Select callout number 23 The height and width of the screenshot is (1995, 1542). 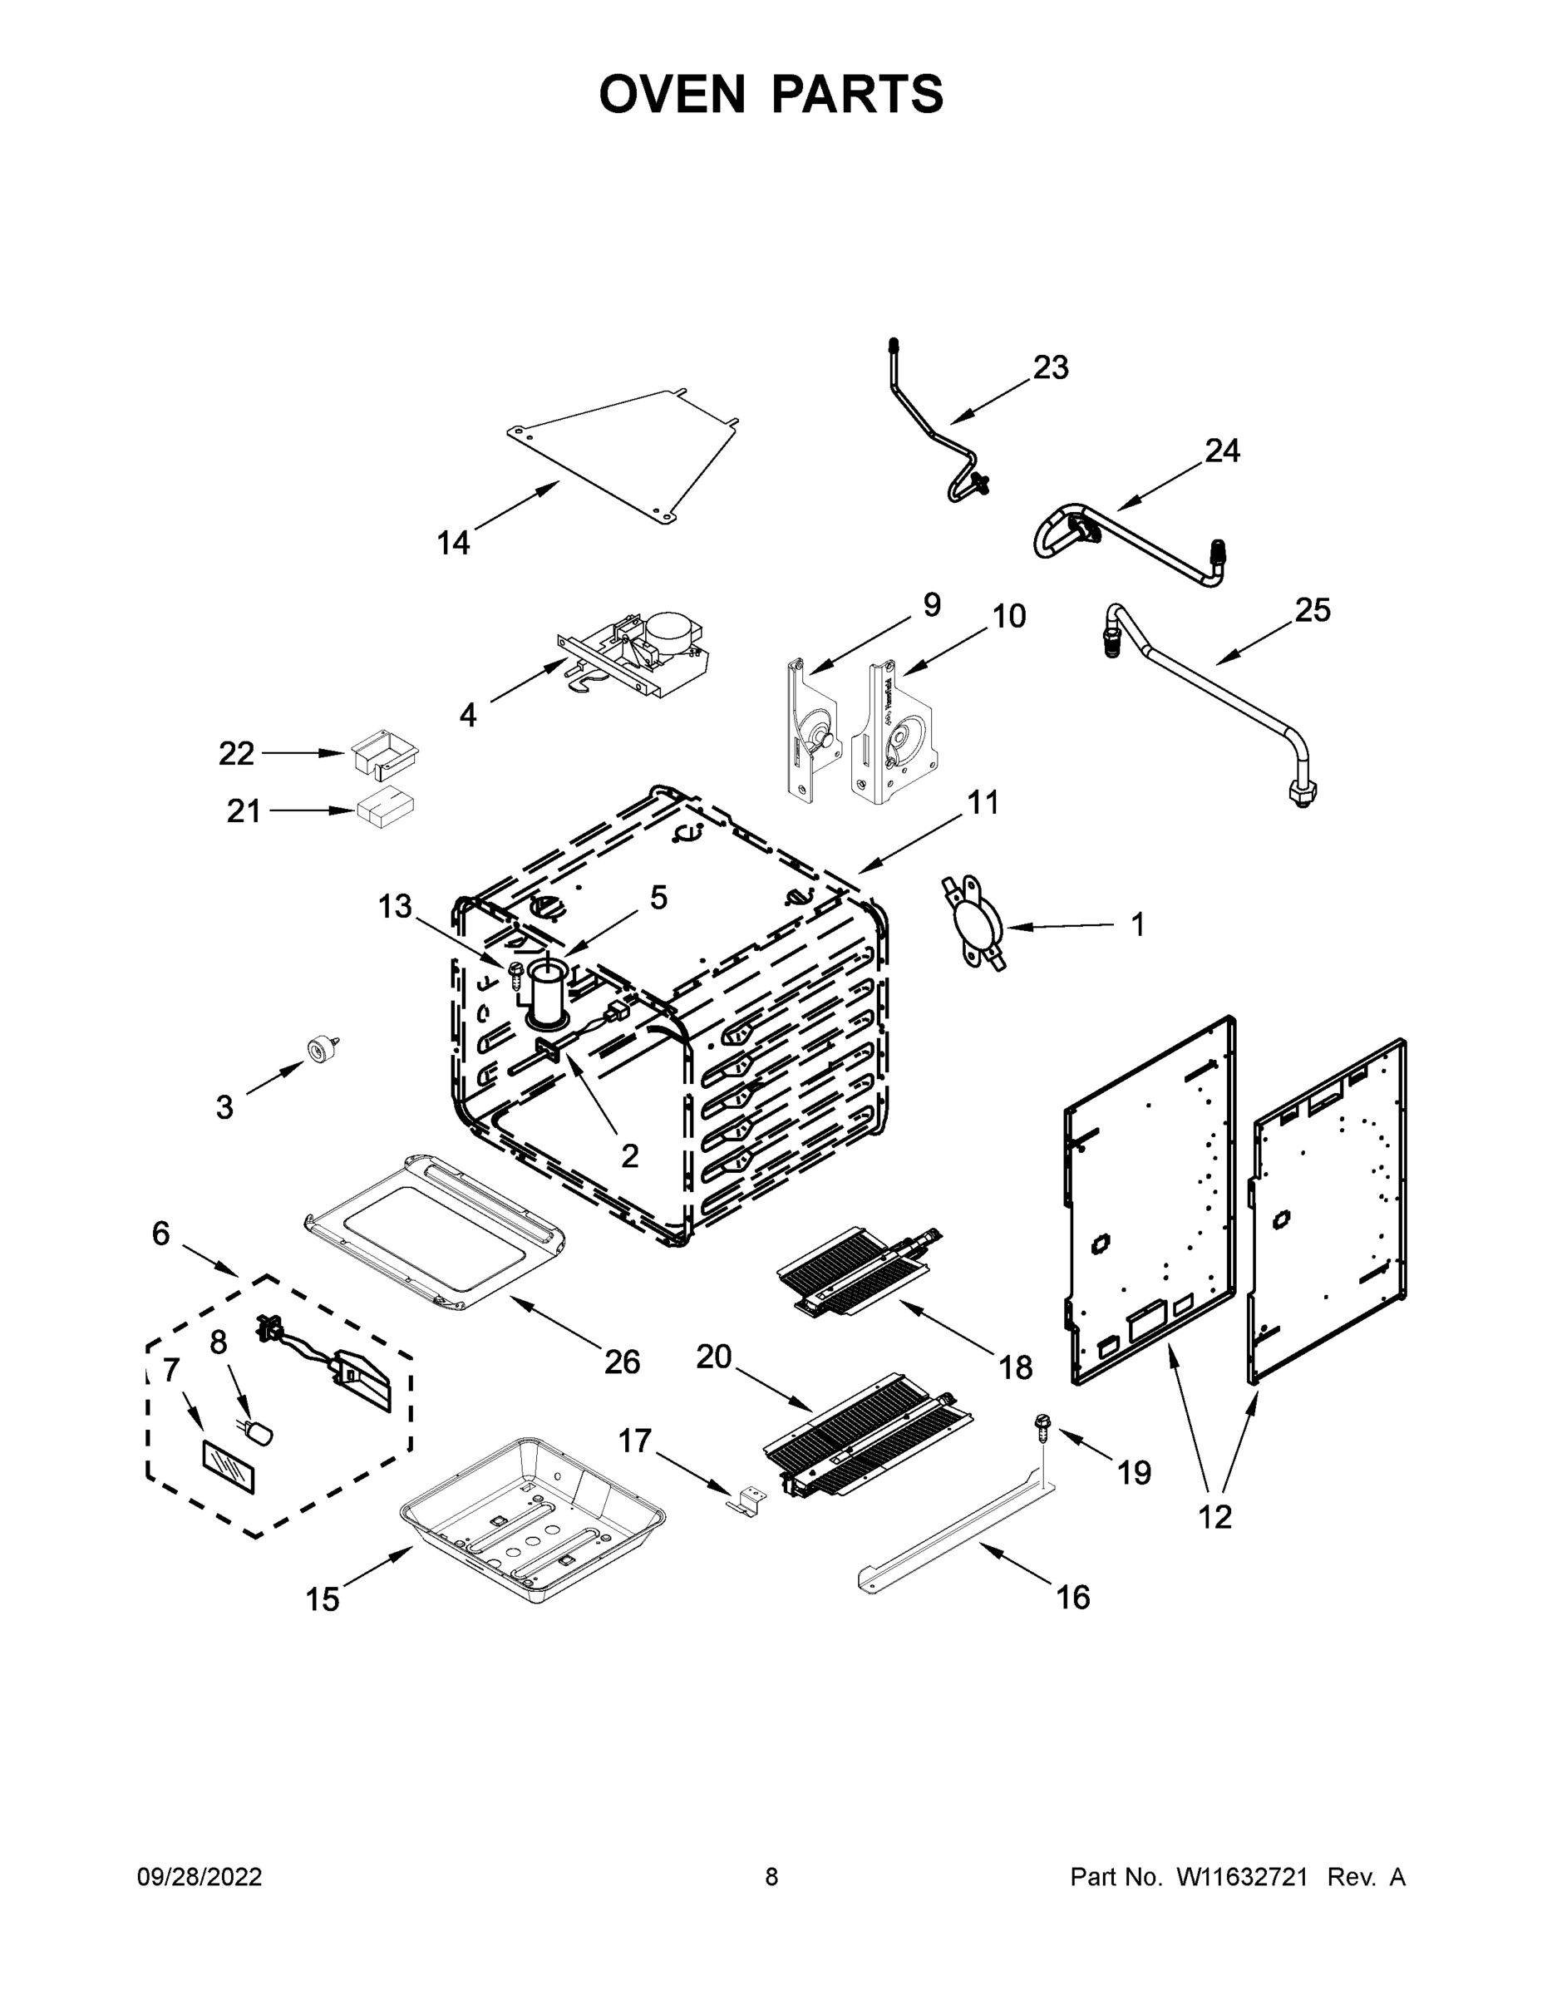[1050, 368]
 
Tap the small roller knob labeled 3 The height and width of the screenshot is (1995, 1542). [321, 1050]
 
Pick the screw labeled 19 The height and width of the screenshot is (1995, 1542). [1042, 1423]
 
